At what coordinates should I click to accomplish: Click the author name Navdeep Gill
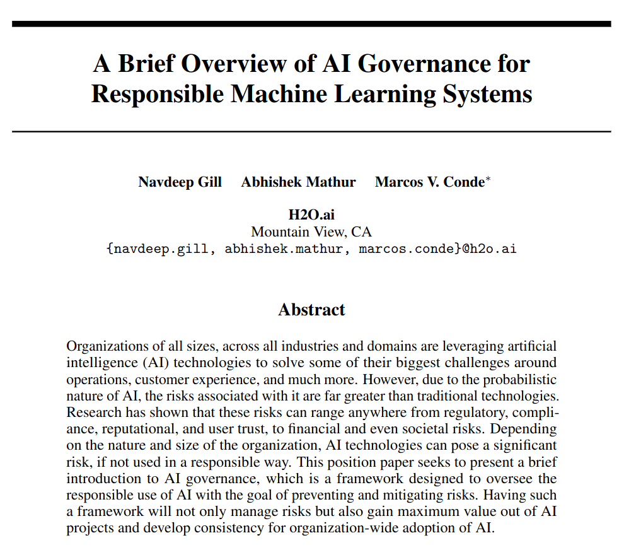click(x=180, y=182)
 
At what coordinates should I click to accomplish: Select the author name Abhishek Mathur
click(x=298, y=182)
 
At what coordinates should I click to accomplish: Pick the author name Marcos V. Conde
click(x=429, y=182)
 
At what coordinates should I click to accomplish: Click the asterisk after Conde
click(x=488, y=180)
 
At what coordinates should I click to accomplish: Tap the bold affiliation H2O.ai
click(x=311, y=214)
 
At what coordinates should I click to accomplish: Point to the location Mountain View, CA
click(x=311, y=231)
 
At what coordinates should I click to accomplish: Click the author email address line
click(x=311, y=248)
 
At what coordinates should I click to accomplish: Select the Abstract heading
click(x=311, y=310)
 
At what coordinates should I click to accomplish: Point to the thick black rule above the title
click(x=311, y=24)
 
